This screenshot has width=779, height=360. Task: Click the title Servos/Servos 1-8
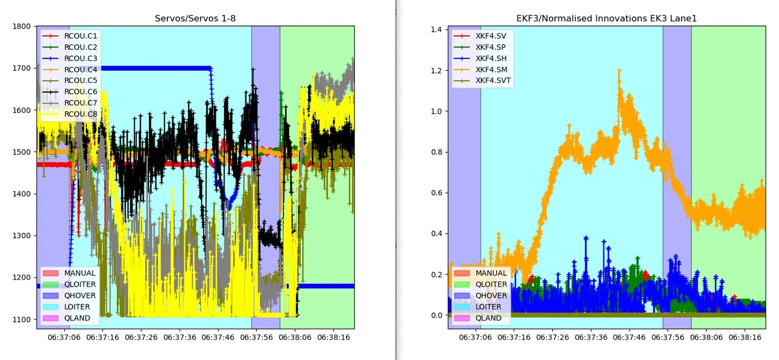tap(195, 19)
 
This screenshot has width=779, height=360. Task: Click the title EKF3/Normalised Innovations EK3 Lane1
tap(607, 19)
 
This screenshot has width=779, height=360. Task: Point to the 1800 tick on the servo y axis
tap(24, 27)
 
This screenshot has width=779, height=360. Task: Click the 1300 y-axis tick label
tap(24, 236)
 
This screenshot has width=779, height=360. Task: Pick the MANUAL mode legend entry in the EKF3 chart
tap(491, 273)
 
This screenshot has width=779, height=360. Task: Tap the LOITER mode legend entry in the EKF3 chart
tap(488, 307)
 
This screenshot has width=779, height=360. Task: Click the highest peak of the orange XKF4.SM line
tap(619, 71)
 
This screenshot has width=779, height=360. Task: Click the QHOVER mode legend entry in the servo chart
tap(80, 296)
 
